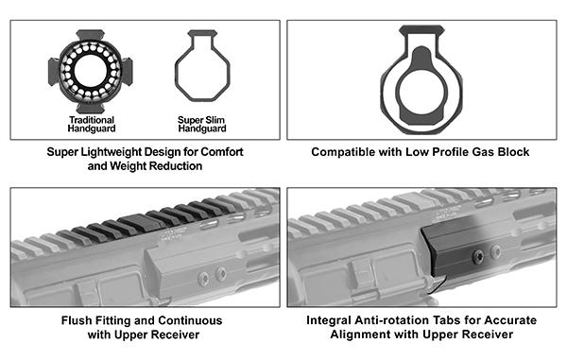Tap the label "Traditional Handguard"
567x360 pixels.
pos(92,125)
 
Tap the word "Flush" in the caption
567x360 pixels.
pos(75,319)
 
